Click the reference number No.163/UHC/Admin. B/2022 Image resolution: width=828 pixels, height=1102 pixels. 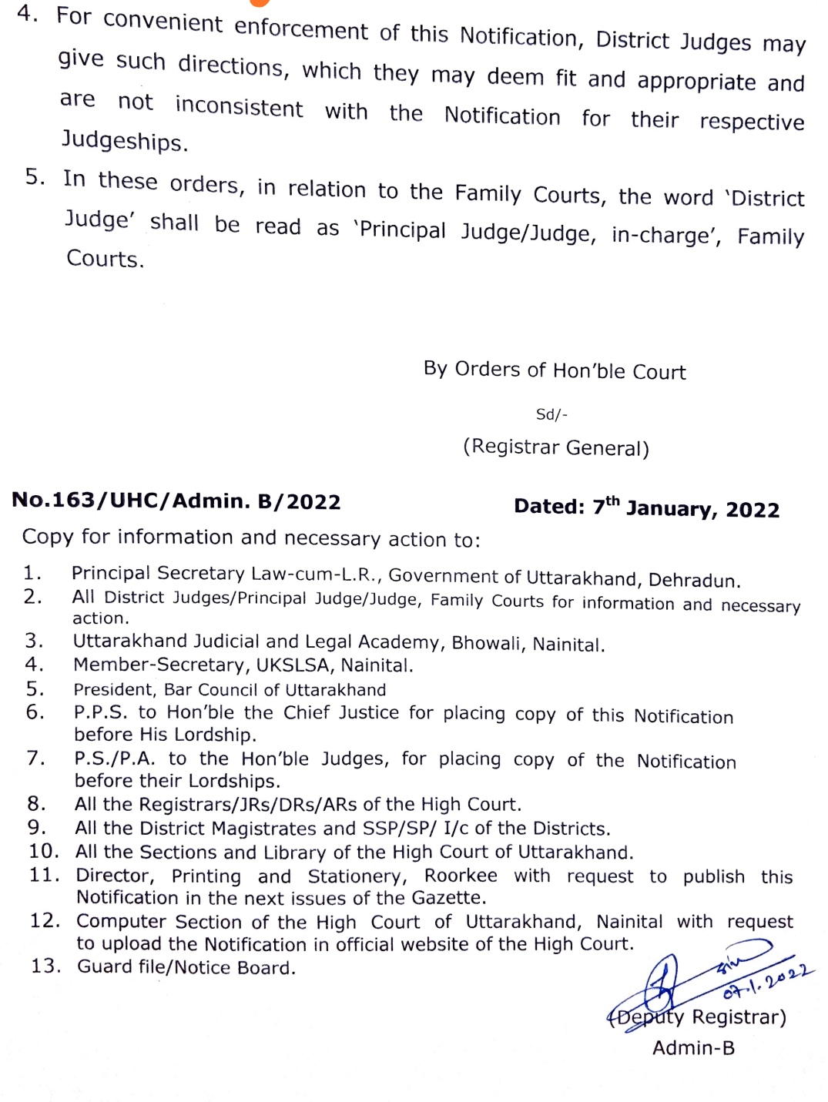[x=176, y=501]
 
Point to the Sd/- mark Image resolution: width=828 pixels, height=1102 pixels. [x=551, y=414]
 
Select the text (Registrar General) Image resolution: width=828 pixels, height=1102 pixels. [x=555, y=447]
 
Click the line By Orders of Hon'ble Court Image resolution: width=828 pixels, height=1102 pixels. [x=554, y=370]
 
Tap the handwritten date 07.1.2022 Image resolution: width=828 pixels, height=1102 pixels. [x=767, y=985]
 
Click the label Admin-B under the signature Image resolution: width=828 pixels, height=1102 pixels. [x=693, y=1048]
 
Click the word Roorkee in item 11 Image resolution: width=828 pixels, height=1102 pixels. [x=461, y=876]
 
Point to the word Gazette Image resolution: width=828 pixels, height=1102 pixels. [x=453, y=898]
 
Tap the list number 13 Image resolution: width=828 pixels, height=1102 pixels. [x=45, y=966]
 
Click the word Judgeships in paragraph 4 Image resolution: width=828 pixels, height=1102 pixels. [x=124, y=140]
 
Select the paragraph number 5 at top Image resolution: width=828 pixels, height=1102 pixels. [x=35, y=177]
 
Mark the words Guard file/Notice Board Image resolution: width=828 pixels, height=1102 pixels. [x=186, y=967]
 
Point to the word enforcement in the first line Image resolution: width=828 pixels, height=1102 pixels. [x=301, y=29]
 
